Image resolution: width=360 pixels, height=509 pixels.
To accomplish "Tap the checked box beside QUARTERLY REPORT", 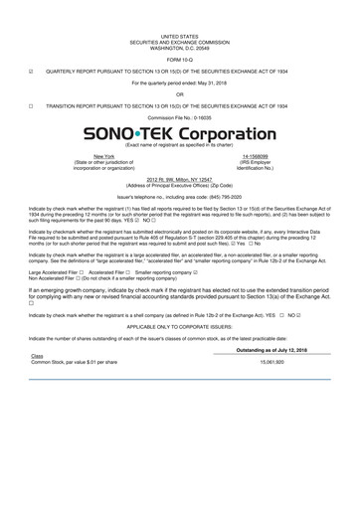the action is [x=33, y=72].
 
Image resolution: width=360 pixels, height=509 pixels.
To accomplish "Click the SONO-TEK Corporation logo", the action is [x=180, y=132].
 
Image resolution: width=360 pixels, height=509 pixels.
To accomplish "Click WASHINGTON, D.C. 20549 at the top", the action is [x=179, y=48].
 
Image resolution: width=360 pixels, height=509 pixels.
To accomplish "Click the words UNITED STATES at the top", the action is [x=179, y=36].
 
